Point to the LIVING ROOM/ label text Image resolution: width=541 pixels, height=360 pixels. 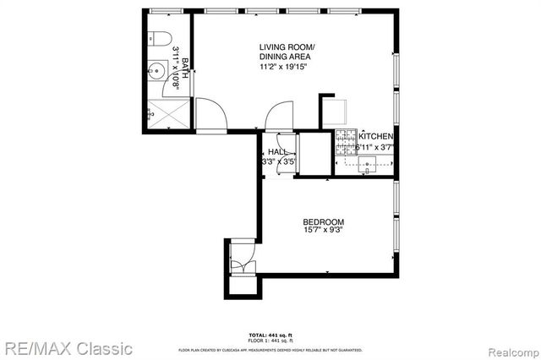tap(287, 47)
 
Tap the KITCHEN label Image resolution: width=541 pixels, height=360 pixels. tap(375, 136)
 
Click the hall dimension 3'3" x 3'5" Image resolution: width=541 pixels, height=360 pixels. tap(277, 161)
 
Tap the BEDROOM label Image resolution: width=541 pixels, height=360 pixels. tap(324, 223)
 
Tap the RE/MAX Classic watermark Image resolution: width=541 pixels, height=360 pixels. tap(68, 347)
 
